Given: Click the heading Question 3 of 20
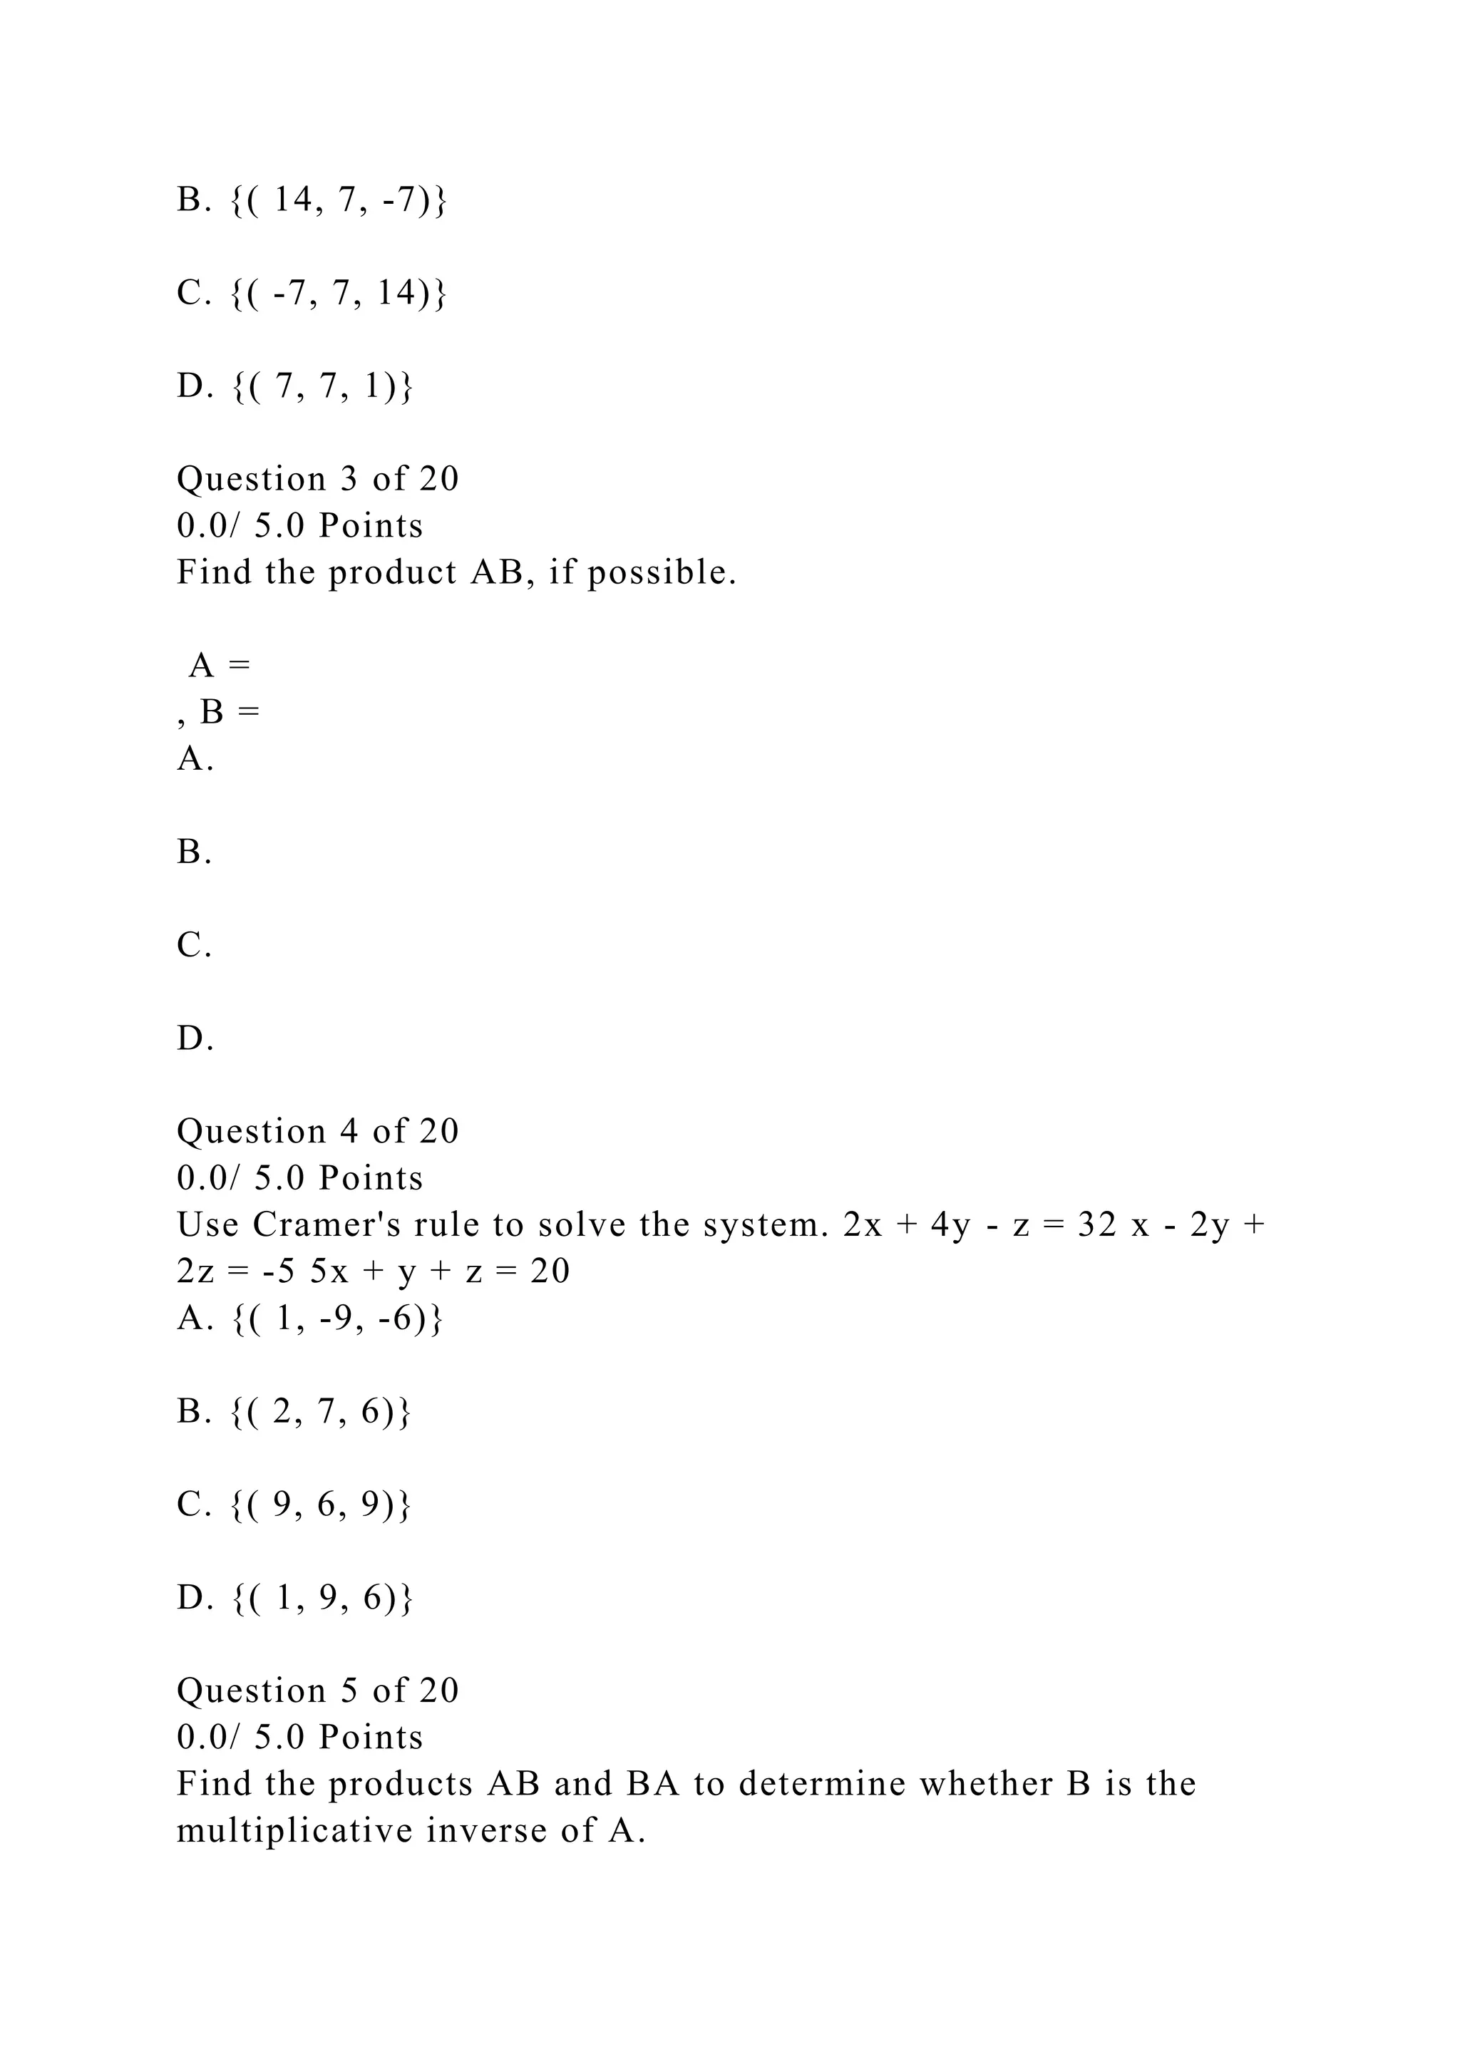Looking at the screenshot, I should (x=317, y=479).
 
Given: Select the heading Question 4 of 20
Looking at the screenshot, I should (x=317, y=1131).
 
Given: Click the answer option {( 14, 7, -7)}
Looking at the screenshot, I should (x=338, y=200).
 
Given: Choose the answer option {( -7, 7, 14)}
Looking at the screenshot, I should (x=338, y=293).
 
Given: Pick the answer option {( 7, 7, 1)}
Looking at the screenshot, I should (x=322, y=386).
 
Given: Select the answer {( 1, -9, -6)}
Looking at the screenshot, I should (x=337, y=1318).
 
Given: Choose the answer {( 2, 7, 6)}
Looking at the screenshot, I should (x=321, y=1411).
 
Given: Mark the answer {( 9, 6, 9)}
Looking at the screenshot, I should (x=321, y=1504).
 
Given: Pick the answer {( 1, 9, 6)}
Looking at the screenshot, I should (x=322, y=1597).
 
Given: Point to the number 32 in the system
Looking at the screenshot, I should (x=1096, y=1224).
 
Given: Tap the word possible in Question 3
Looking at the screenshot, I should (x=662, y=572).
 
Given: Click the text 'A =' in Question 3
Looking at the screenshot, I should (x=220, y=666).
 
